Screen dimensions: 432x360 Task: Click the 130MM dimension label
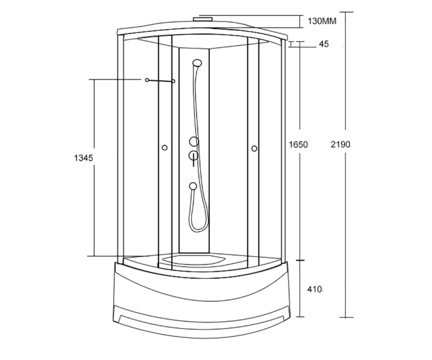pyautogui.click(x=322, y=21)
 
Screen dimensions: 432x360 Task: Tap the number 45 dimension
pyautogui.click(x=324, y=44)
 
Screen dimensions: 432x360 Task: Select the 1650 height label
pyautogui.click(x=298, y=145)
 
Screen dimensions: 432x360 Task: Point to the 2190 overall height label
pyautogui.click(x=340, y=144)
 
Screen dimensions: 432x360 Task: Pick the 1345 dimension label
pyautogui.click(x=84, y=158)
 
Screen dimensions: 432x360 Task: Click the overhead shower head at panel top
pyautogui.click(x=197, y=63)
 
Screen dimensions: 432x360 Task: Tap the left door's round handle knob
pyautogui.click(x=165, y=148)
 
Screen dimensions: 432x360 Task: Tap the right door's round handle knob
pyautogui.click(x=254, y=149)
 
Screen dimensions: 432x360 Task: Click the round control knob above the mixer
pyautogui.click(x=194, y=142)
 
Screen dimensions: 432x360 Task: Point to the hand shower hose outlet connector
pyautogui.click(x=193, y=186)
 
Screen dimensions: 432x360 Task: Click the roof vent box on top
pyautogui.click(x=203, y=19)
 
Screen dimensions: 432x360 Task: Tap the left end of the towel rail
pyautogui.click(x=147, y=80)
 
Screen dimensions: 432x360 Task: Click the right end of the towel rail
pyautogui.click(x=174, y=81)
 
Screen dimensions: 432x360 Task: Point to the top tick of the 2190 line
pyautogui.click(x=346, y=12)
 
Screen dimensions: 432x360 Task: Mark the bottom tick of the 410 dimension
pyautogui.click(x=300, y=317)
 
